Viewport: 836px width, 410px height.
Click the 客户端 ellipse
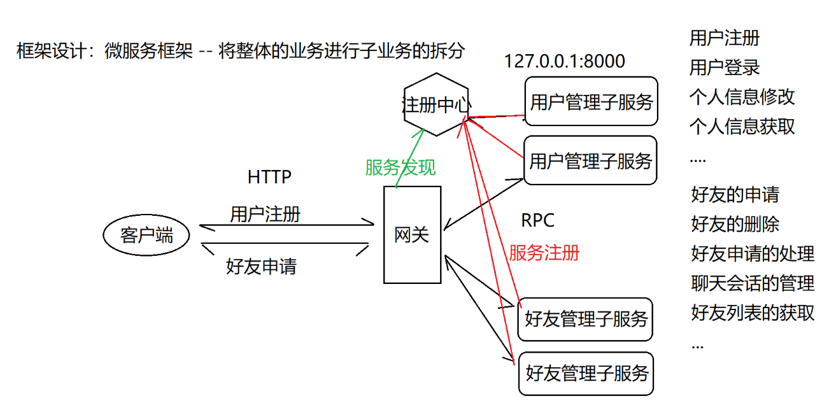[146, 236]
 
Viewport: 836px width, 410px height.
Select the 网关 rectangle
[412, 235]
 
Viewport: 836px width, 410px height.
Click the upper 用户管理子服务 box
[591, 102]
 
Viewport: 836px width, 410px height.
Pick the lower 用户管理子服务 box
[590, 160]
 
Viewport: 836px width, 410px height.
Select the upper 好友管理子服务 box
[586, 318]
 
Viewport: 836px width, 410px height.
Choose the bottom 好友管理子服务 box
[586, 373]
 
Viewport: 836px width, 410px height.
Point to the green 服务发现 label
[400, 167]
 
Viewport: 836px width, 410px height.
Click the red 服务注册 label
[544, 252]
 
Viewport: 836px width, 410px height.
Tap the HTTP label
[269, 177]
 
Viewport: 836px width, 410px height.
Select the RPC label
[538, 220]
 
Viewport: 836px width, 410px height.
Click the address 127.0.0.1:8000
[565, 61]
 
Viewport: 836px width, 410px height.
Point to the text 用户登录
[725, 67]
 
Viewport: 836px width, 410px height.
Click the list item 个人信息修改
[742, 96]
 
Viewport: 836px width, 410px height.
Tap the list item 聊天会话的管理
[753, 283]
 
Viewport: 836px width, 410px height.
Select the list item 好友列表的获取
[753, 313]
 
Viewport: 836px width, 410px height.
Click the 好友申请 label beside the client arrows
[261, 265]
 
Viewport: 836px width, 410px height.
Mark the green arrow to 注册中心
[410, 157]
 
